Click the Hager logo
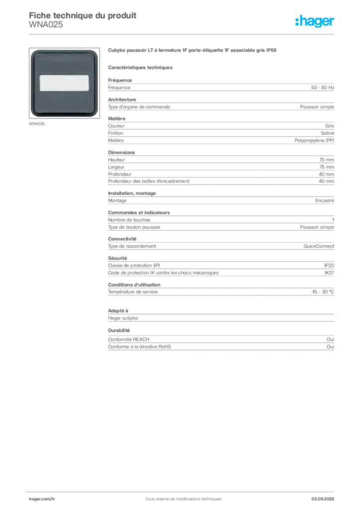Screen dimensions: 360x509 [315, 21]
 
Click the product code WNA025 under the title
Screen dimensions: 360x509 [46, 25]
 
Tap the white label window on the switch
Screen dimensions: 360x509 [64, 83]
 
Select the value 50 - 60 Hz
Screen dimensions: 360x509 [322, 87]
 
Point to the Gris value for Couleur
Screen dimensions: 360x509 [330, 126]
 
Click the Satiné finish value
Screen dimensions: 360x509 [327, 133]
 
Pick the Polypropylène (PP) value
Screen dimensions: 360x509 [314, 141]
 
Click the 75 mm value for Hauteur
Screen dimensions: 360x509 [327, 160]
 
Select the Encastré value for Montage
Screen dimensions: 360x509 [325, 201]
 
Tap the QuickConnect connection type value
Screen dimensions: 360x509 [319, 246]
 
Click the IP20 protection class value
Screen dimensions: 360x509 [329, 265]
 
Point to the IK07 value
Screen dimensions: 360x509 [329, 273]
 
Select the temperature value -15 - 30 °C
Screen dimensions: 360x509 [323, 292]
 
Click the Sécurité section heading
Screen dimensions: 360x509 [117, 258]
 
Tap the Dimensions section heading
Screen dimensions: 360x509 [121, 153]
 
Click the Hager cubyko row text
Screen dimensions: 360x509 [123, 318]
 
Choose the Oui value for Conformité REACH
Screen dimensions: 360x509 [330, 339]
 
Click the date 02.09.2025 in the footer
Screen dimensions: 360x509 [323, 499]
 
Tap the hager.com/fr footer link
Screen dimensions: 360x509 [42, 499]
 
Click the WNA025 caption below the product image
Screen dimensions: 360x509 [37, 124]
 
